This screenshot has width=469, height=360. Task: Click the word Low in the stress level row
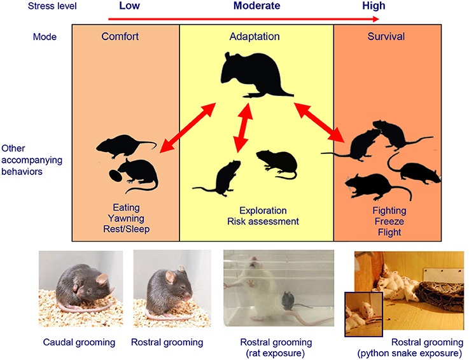coord(130,7)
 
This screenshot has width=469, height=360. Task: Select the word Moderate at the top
coord(253,7)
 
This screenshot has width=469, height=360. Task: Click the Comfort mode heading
coord(120,36)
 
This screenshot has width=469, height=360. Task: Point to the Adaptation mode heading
coord(256,36)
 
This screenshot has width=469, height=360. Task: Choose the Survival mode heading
coord(386,36)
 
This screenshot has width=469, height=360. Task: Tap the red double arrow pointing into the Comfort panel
coord(180,134)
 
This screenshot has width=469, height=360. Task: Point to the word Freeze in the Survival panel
coord(388,221)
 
